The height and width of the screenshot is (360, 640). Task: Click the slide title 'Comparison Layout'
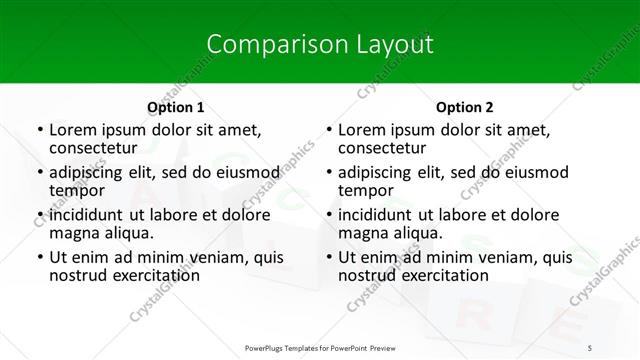[320, 44]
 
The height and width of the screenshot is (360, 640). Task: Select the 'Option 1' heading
[176, 107]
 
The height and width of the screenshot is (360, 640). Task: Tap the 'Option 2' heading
[465, 107]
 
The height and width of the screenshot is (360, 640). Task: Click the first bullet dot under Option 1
[39, 131]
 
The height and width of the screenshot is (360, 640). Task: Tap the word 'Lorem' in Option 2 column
[363, 130]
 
